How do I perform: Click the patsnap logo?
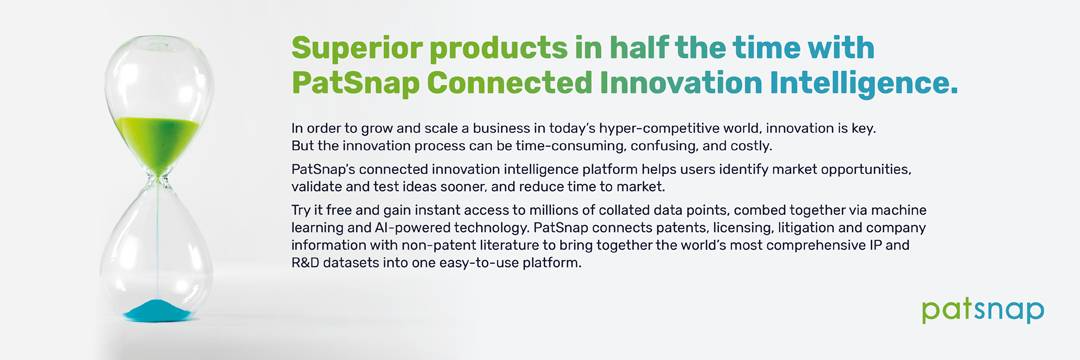(x=983, y=310)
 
